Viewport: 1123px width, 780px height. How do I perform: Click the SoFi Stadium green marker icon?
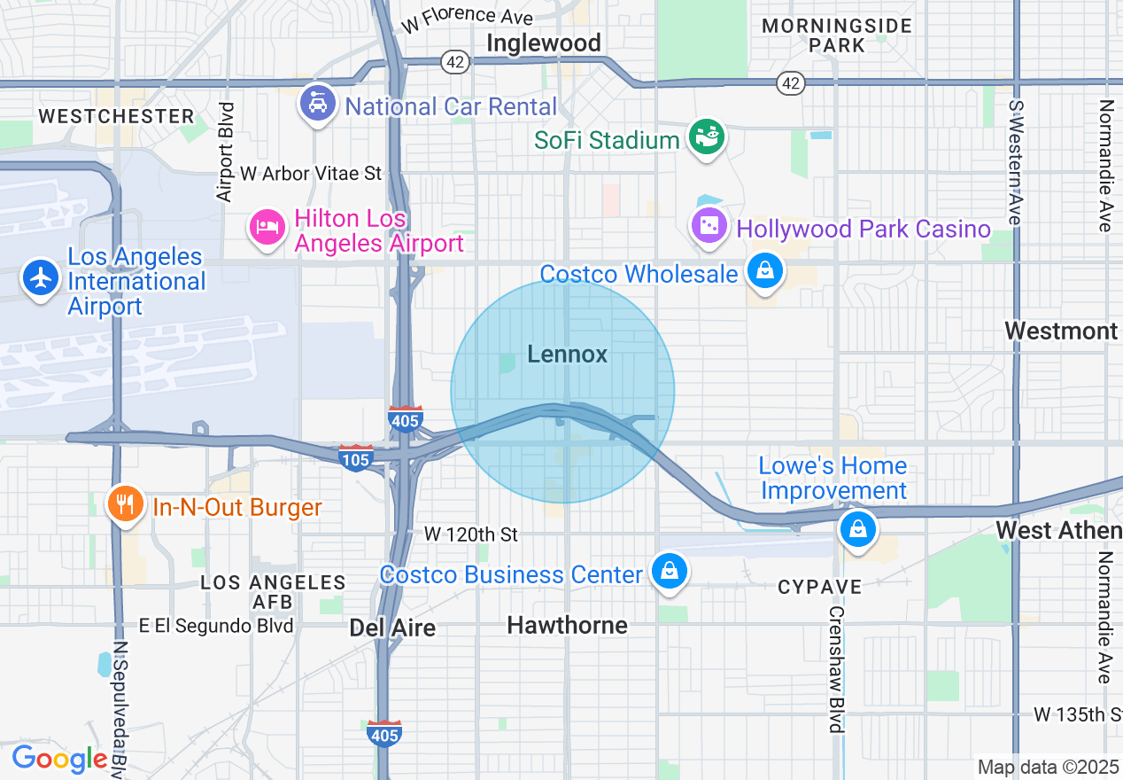[709, 136]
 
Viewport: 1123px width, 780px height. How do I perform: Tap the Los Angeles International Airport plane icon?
[40, 277]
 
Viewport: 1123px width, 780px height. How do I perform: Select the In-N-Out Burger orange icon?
[125, 504]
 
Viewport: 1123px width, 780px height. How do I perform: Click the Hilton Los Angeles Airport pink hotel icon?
[267, 228]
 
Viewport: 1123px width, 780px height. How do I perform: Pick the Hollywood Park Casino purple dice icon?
[709, 226]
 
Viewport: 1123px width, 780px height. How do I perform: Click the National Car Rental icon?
[318, 103]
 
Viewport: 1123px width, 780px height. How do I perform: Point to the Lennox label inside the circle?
[568, 355]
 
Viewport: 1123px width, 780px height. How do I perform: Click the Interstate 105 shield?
[355, 457]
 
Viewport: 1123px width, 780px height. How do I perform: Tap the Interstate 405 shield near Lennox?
[405, 418]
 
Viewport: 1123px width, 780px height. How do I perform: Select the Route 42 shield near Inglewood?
[454, 61]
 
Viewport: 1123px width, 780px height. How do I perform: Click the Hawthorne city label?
[567, 626]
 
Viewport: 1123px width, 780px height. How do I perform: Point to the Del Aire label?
[392, 628]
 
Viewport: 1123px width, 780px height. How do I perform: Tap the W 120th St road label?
[470, 534]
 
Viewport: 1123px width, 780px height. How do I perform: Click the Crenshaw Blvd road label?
[836, 669]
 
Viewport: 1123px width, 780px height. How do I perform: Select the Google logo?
[59, 760]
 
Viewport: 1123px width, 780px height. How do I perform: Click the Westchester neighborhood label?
[116, 116]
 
